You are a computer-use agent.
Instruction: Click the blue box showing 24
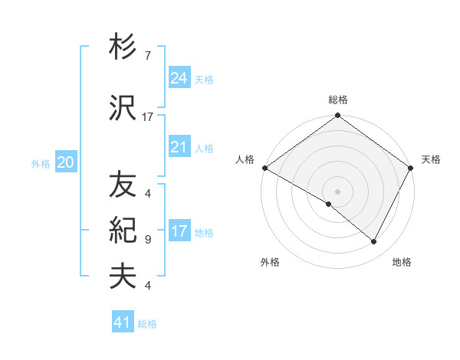[179, 78]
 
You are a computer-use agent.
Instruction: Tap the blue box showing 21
[179, 147]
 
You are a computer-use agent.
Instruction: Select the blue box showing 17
[179, 231]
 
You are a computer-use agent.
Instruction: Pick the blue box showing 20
[66, 162]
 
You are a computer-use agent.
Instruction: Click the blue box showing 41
[123, 322]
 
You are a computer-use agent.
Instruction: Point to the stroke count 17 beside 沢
[148, 117]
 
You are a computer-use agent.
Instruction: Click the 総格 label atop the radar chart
[337, 100]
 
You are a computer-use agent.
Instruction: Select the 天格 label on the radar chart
[431, 159]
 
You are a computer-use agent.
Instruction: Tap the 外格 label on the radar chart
[270, 262]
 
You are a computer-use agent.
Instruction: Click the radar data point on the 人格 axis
[264, 168]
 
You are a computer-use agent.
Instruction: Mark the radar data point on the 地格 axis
[374, 242]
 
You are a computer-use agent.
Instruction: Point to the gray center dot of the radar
[337, 191]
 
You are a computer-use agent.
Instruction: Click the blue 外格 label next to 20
[41, 163]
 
